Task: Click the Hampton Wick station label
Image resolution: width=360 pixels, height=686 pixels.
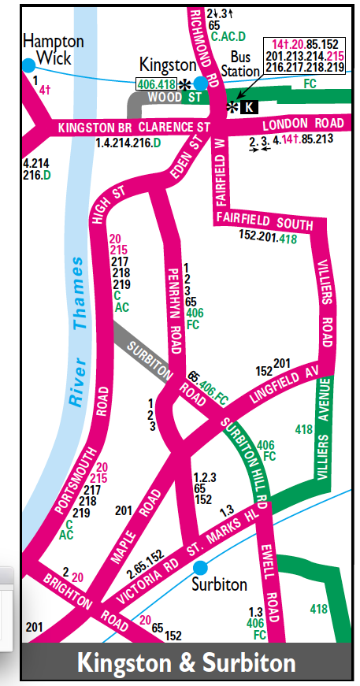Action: click(x=46, y=50)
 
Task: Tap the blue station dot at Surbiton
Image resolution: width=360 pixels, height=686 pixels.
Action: click(x=200, y=567)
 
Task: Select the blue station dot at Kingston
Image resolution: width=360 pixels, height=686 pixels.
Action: click(x=201, y=83)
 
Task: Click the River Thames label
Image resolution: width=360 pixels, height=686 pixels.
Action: click(x=76, y=331)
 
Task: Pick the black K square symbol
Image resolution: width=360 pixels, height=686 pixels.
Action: click(x=249, y=106)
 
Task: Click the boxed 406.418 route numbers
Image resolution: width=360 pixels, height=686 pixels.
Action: click(x=157, y=83)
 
